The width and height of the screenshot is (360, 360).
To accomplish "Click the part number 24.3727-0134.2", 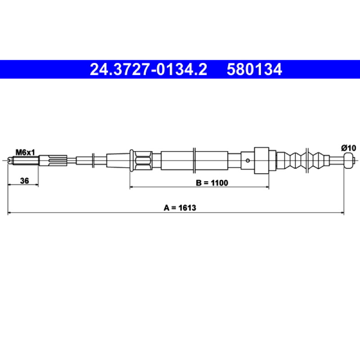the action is point(148,69).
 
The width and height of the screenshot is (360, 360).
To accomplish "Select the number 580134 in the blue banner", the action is point(254,69).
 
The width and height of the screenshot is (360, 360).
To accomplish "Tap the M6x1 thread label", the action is point(25,152).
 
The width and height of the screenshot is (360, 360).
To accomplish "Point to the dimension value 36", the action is point(24,181).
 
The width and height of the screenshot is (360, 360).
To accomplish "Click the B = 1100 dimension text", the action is point(212,183).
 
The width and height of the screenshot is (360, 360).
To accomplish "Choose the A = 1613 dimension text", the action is point(180,208).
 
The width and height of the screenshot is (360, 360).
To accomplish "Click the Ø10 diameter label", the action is point(348,148).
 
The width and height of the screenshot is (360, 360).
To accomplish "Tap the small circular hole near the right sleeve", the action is point(247,161).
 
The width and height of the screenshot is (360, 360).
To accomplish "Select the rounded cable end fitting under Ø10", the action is point(348,161).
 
